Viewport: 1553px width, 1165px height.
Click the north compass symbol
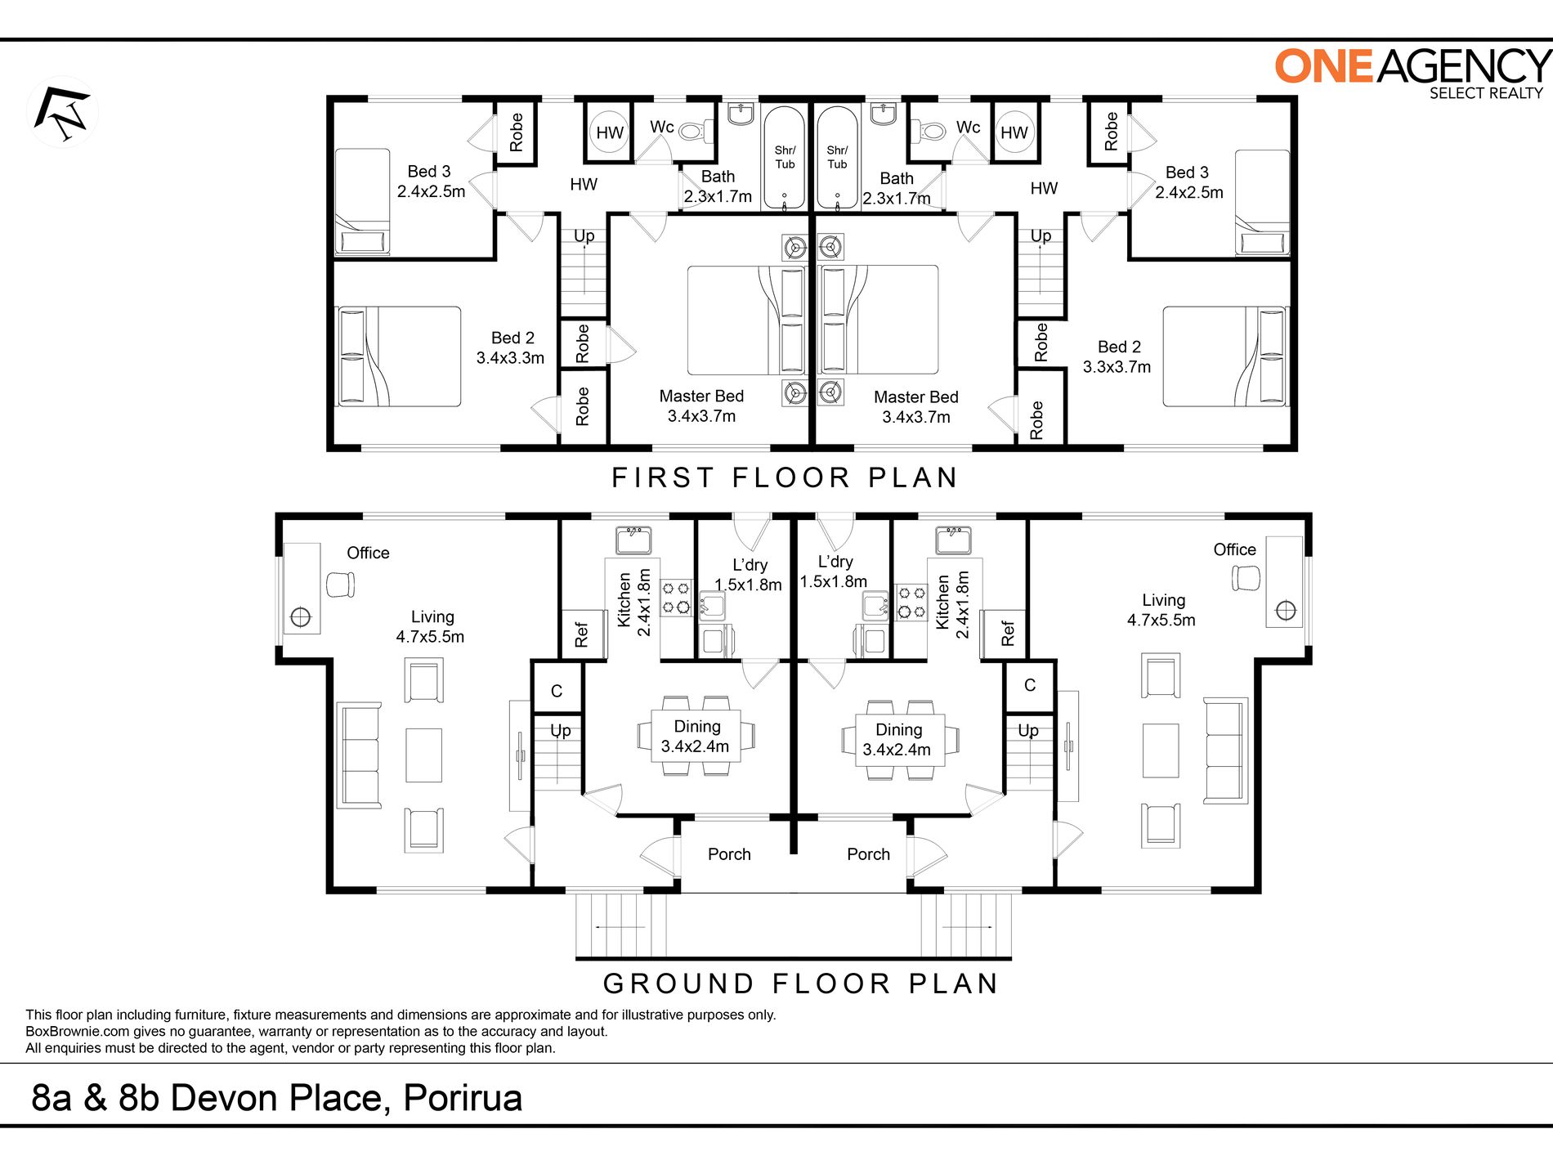63,113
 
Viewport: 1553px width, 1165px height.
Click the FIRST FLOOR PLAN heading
785,477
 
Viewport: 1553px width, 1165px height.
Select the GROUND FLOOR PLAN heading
800,983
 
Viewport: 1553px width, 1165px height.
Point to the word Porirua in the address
463,1098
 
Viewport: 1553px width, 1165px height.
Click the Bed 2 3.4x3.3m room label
511,347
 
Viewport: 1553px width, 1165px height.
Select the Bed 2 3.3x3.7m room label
1117,356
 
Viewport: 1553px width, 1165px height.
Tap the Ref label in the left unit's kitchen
582,634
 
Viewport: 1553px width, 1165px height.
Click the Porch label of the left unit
729,854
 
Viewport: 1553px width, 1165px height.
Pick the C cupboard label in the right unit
1030,685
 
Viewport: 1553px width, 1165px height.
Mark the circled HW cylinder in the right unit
1014,132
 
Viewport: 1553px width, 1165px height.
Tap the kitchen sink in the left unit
633,540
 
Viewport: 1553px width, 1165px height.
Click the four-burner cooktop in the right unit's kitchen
911,601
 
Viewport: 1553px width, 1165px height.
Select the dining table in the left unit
696,736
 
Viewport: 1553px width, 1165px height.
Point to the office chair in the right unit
1246,578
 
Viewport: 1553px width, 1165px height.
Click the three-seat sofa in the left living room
360,755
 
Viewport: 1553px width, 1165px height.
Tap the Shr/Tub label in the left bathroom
785,157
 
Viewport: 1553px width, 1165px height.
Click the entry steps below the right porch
967,925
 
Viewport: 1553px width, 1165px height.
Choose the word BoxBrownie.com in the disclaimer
78,1032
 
